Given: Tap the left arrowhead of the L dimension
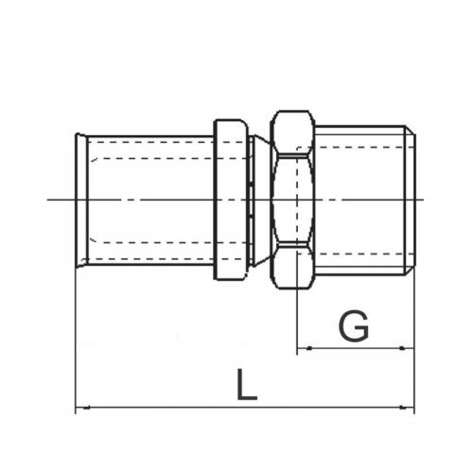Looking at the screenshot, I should coord(79,409).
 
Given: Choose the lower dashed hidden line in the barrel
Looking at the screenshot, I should coord(151,243).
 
